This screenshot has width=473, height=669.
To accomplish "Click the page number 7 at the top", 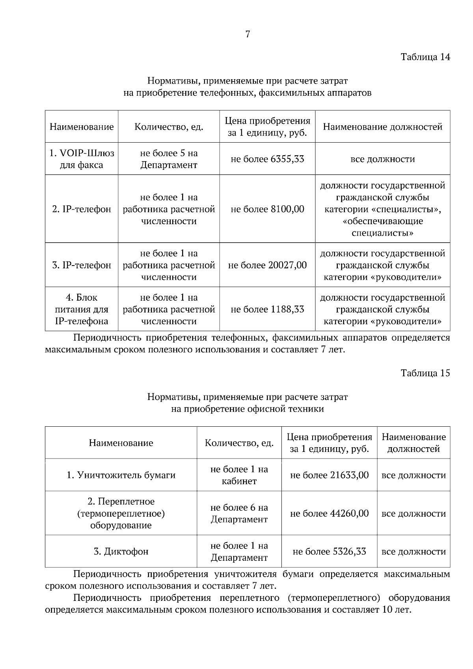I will [x=248, y=34].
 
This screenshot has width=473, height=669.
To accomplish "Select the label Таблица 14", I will [x=425, y=57].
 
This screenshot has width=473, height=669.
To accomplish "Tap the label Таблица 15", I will [x=425, y=373].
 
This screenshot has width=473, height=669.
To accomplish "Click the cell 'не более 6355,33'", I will [x=267, y=159].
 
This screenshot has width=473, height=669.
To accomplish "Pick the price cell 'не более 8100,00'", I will [x=267, y=209].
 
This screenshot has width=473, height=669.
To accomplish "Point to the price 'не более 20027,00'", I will [x=267, y=265].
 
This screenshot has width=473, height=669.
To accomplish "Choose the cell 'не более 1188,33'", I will [x=267, y=309].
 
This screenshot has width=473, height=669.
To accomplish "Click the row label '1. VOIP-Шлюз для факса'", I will [x=82, y=159].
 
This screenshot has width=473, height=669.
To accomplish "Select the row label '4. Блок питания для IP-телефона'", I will [x=82, y=309].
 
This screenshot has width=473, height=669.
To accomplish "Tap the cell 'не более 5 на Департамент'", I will [x=169, y=159].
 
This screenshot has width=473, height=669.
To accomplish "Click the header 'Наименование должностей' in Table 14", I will [x=382, y=126].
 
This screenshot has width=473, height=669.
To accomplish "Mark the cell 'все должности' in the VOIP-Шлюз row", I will [x=382, y=159].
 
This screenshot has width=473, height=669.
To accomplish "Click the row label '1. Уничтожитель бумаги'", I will [x=121, y=475].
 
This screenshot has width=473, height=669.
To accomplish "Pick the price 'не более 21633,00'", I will [x=329, y=475].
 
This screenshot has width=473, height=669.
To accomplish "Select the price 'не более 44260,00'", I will [x=329, y=513].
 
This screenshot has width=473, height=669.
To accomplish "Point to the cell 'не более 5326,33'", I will [x=329, y=551].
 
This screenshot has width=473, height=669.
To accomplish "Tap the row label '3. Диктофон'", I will [x=121, y=551].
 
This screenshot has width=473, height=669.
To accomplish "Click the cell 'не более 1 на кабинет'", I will [x=239, y=475].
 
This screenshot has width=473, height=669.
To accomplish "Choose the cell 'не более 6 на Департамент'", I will [x=239, y=513].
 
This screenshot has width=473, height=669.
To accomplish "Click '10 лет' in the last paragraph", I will [x=396, y=610].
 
